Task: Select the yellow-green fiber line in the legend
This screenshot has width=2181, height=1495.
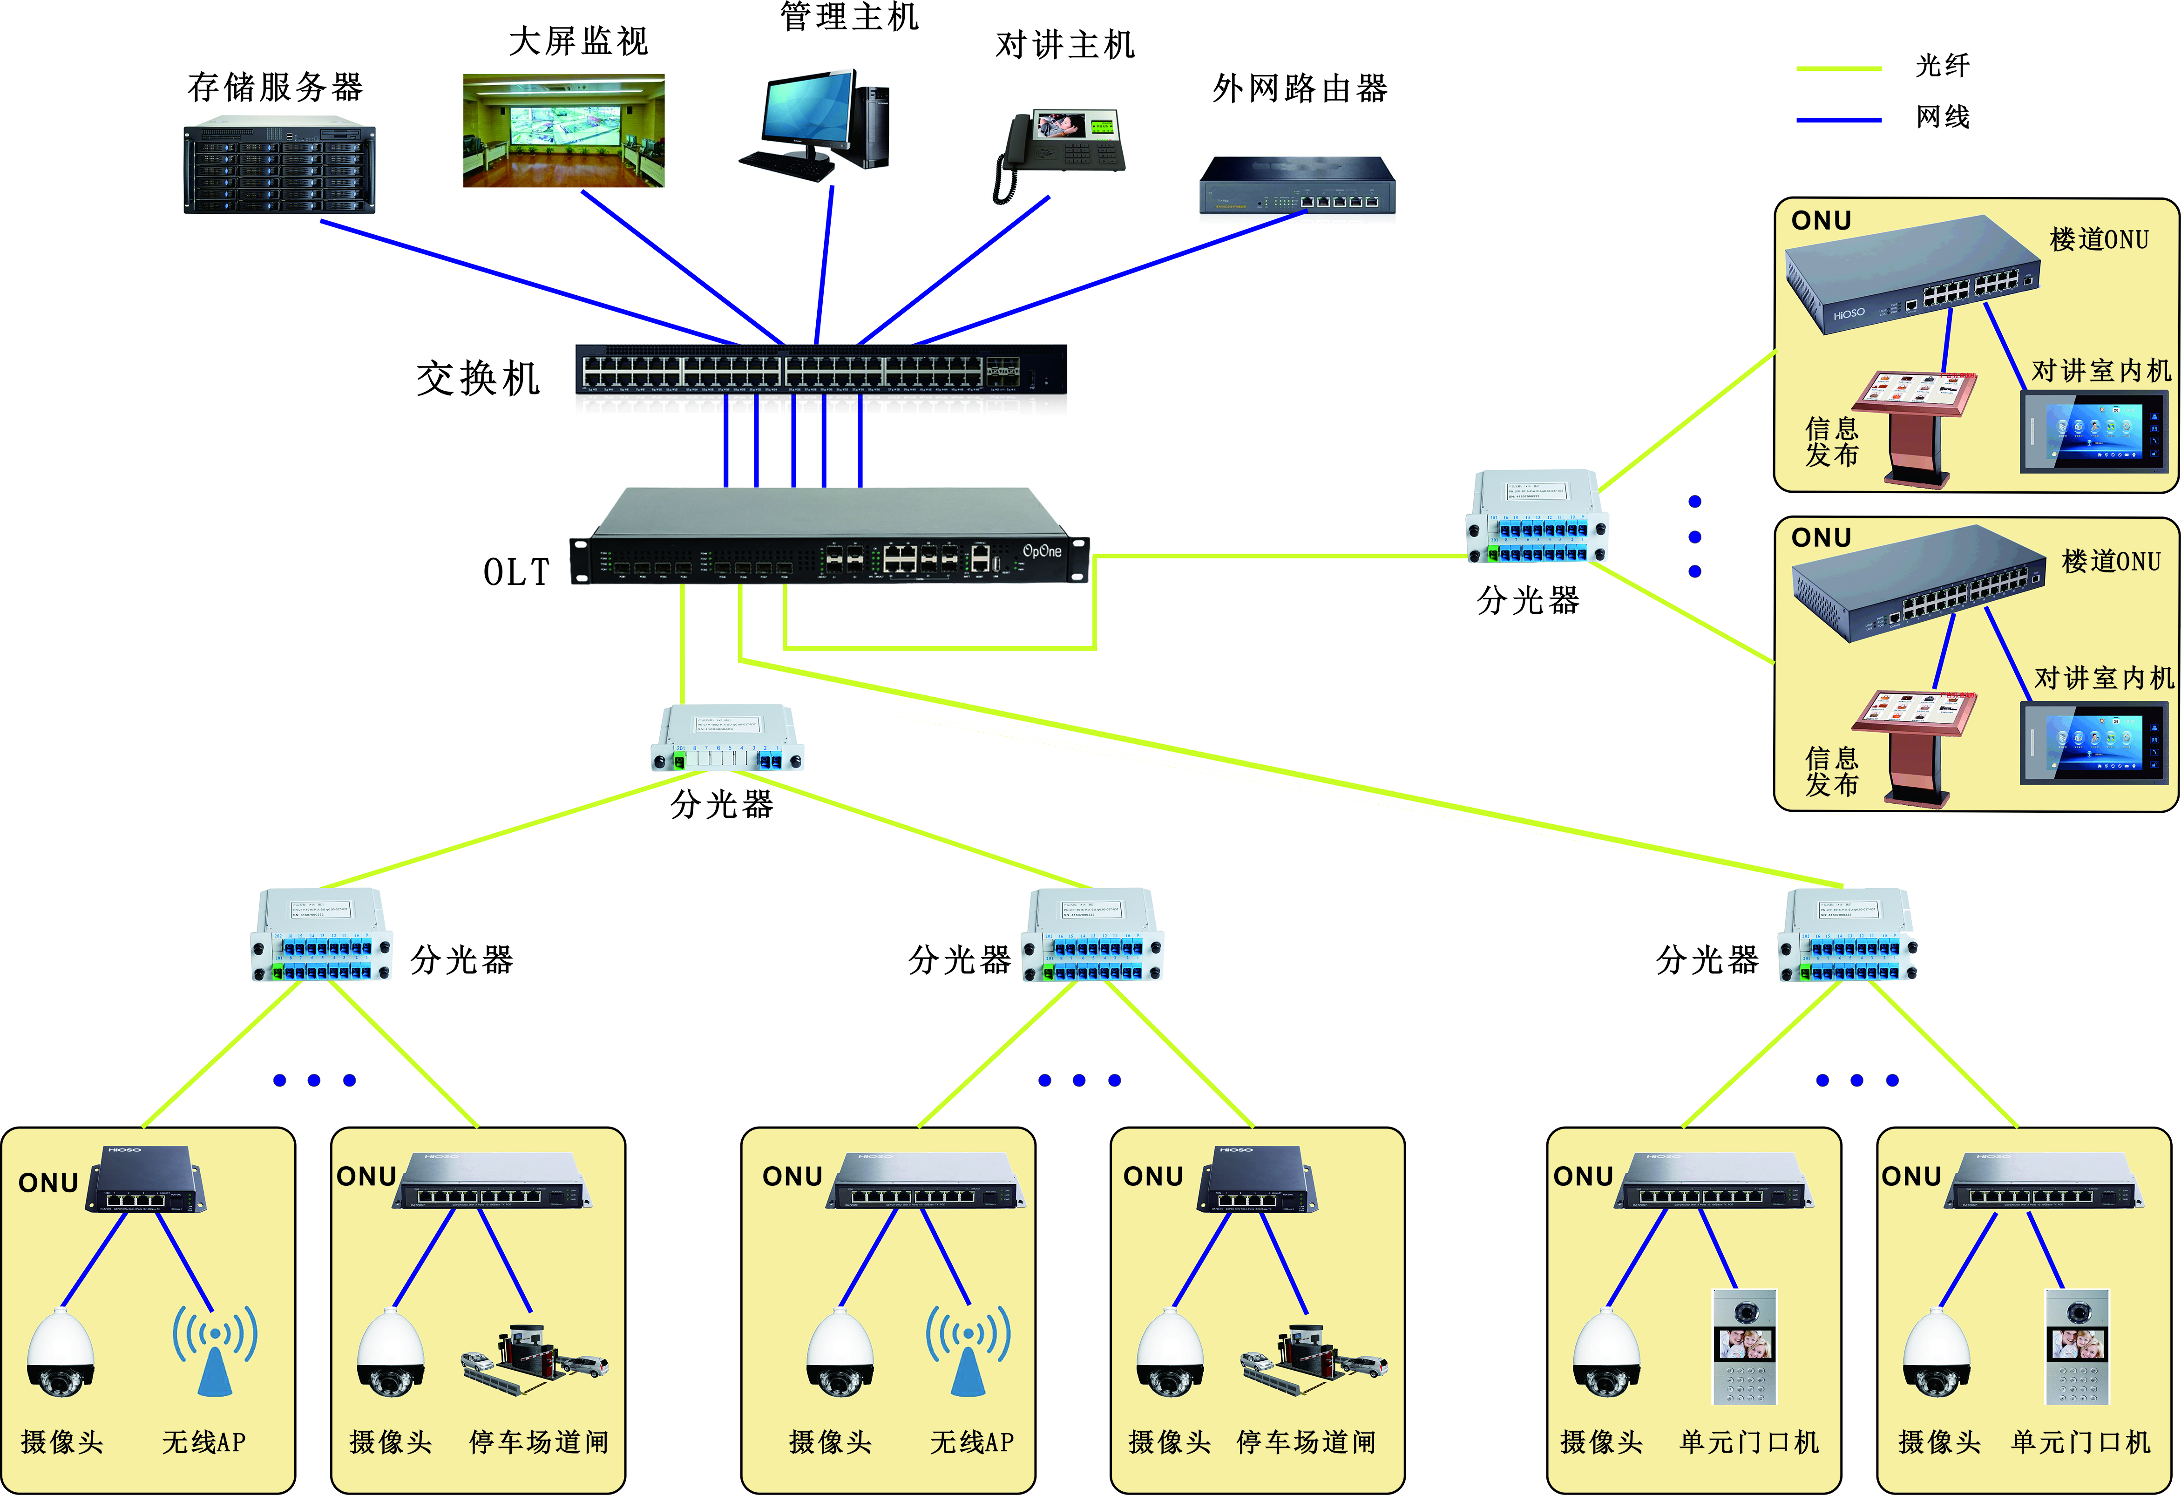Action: (1837, 68)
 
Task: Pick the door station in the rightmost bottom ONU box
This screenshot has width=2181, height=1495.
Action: (2077, 1347)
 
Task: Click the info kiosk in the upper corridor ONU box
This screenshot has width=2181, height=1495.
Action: (1917, 427)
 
